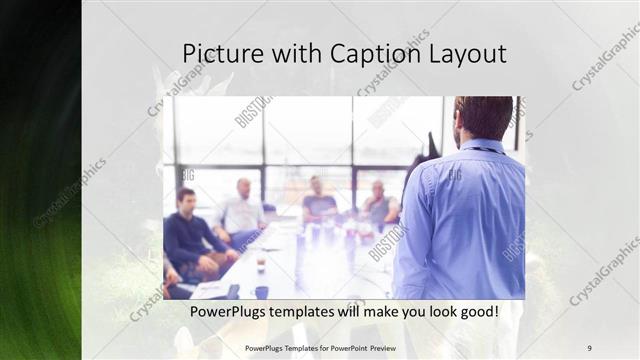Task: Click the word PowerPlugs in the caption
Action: point(228,312)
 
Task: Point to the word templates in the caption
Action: point(306,312)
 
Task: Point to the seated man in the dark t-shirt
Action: point(319,201)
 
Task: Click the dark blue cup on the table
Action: point(262,292)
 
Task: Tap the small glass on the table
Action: point(260,264)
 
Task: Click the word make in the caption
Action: point(366,312)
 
